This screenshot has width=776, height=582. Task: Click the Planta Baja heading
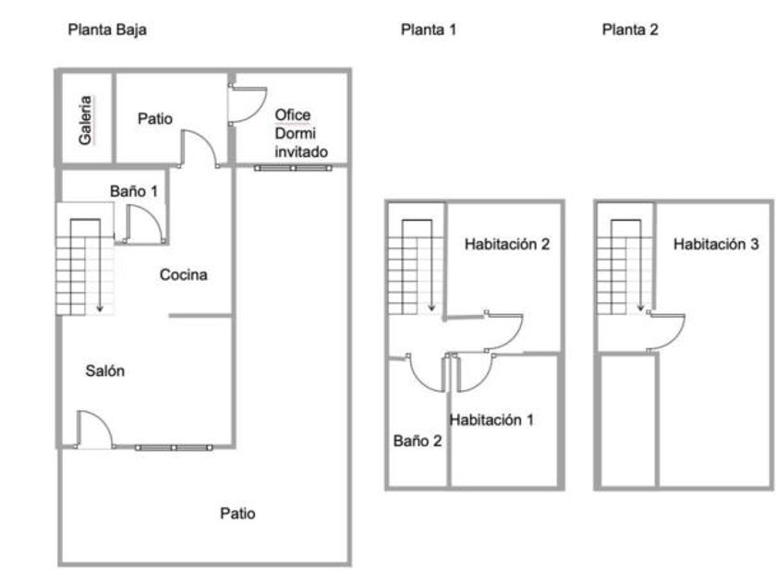(x=107, y=30)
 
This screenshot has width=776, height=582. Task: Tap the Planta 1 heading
(x=428, y=30)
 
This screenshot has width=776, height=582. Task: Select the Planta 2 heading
(x=630, y=30)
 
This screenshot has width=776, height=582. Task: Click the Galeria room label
(x=85, y=120)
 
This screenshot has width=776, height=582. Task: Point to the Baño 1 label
(x=134, y=191)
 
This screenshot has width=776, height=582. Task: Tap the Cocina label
(x=183, y=274)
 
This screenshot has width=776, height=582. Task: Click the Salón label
(x=105, y=370)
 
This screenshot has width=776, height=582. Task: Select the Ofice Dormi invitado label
(x=301, y=133)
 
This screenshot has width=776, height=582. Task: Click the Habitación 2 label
(x=507, y=244)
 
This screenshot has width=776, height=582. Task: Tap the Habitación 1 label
(x=491, y=420)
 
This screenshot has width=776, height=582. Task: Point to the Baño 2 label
(x=418, y=441)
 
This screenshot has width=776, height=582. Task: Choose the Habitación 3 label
(x=716, y=244)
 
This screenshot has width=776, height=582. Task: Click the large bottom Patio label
(x=237, y=514)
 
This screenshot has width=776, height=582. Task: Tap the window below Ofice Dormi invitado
(x=293, y=168)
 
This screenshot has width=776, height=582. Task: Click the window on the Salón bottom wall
(x=175, y=448)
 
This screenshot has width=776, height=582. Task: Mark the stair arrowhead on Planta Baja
(x=100, y=309)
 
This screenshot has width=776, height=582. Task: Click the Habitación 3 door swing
(x=674, y=336)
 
